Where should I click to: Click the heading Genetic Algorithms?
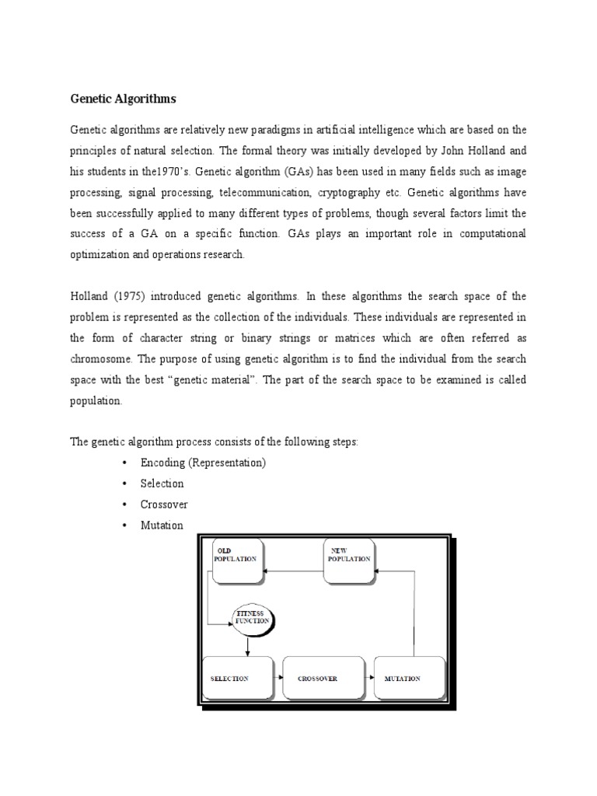coord(124,99)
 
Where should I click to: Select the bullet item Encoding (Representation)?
coord(203,463)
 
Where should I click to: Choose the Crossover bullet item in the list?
coord(163,504)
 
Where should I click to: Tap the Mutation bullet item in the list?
coord(162,525)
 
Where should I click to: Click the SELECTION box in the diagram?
coord(237,678)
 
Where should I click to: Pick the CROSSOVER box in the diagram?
coord(323,678)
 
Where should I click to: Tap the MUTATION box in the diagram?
coord(410,678)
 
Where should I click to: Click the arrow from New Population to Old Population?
coord(293,571)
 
